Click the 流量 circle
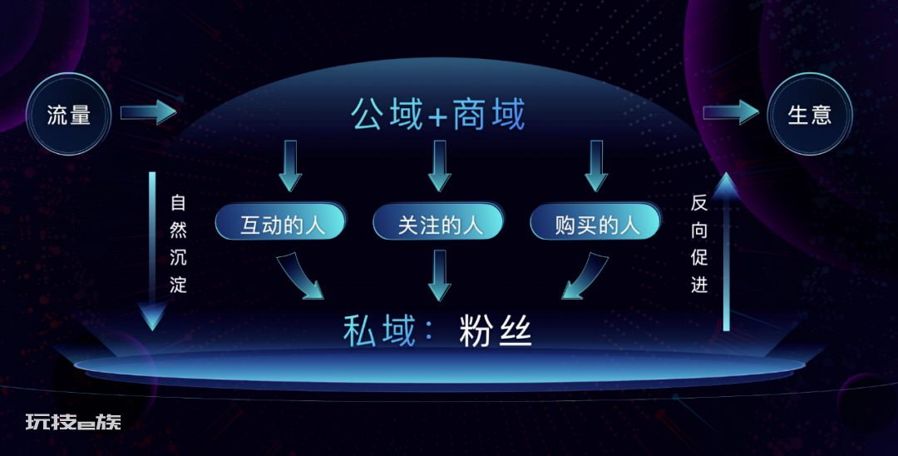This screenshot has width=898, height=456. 69,115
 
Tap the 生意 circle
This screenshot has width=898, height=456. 809,115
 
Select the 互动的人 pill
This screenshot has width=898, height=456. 281,221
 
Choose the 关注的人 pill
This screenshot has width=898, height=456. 439,221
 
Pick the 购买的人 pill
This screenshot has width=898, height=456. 596,221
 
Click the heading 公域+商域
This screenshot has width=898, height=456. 438,114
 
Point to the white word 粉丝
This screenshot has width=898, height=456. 496,331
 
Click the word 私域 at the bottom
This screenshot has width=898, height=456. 379,331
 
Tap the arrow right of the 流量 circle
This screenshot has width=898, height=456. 148,112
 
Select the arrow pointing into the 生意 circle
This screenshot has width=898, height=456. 732,112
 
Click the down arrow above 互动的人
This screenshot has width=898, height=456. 290,166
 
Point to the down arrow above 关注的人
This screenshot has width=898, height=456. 439,166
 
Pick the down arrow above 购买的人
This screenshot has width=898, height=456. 596,166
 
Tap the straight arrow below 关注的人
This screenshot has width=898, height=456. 439,275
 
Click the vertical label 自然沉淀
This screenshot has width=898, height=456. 178,244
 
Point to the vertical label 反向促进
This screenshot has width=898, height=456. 699,244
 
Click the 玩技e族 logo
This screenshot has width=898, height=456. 73,422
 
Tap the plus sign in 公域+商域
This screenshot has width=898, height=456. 437,116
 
